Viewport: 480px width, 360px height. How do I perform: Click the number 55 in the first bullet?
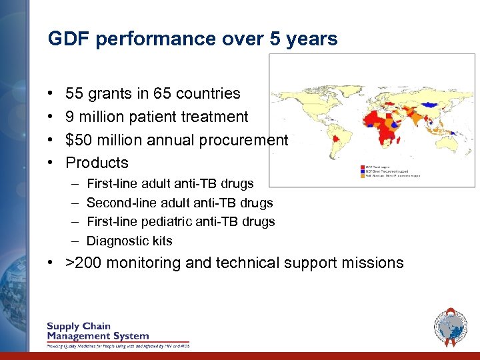coord(75,94)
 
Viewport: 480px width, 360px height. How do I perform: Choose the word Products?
coord(97,163)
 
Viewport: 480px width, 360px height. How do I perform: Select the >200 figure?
coord(83,263)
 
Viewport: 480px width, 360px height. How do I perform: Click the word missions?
coord(370,263)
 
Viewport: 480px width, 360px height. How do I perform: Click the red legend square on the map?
coord(362,167)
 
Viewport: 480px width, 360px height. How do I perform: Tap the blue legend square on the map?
coord(362,171)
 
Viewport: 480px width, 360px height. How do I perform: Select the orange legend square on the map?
coord(362,176)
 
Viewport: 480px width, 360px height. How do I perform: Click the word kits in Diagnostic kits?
coord(161,241)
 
